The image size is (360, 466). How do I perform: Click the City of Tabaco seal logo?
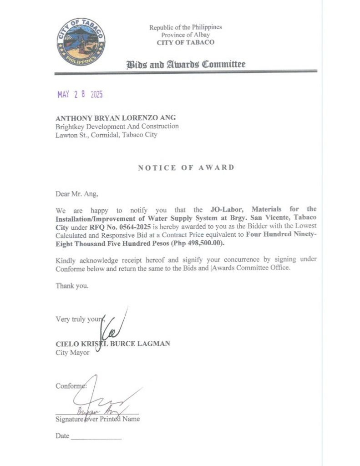click(81, 42)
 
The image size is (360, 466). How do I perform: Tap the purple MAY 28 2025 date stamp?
click(80, 95)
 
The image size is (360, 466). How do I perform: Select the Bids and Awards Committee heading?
click(186, 64)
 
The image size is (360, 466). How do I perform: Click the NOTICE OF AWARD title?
click(186, 167)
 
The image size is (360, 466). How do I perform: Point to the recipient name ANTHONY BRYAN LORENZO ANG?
click(116, 118)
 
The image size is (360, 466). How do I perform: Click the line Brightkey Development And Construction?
click(117, 127)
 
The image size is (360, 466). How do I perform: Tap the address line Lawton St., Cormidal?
click(106, 135)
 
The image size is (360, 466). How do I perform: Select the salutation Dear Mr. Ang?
click(76, 194)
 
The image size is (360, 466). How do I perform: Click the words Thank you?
click(72, 286)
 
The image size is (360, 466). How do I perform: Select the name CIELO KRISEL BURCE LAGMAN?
click(113, 344)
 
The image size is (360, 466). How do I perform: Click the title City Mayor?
click(72, 353)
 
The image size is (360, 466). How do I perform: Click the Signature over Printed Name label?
click(97, 419)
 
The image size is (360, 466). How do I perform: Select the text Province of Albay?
click(185, 35)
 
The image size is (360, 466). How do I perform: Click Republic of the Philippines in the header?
click(185, 27)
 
